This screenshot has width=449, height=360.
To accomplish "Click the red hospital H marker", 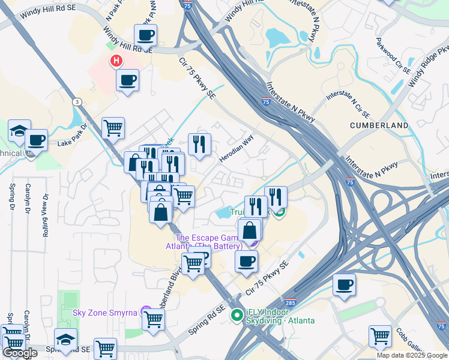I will click(116, 61).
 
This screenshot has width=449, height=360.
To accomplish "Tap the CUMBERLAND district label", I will click(379, 125).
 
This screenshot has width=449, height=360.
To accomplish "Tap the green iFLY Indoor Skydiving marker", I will click(237, 313).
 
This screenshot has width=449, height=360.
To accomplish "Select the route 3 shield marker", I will click(76, 101).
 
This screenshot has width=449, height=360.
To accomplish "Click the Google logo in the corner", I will click(19, 353).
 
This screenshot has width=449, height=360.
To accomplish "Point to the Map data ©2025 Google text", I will click(411, 355).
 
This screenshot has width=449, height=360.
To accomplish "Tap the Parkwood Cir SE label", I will click(393, 56).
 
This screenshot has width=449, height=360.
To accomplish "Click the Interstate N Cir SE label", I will click(348, 104).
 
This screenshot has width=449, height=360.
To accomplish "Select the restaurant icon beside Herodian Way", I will click(199, 143).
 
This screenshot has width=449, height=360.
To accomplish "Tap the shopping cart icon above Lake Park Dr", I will click(113, 127).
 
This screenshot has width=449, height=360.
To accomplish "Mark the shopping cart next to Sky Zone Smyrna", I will click(154, 318).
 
